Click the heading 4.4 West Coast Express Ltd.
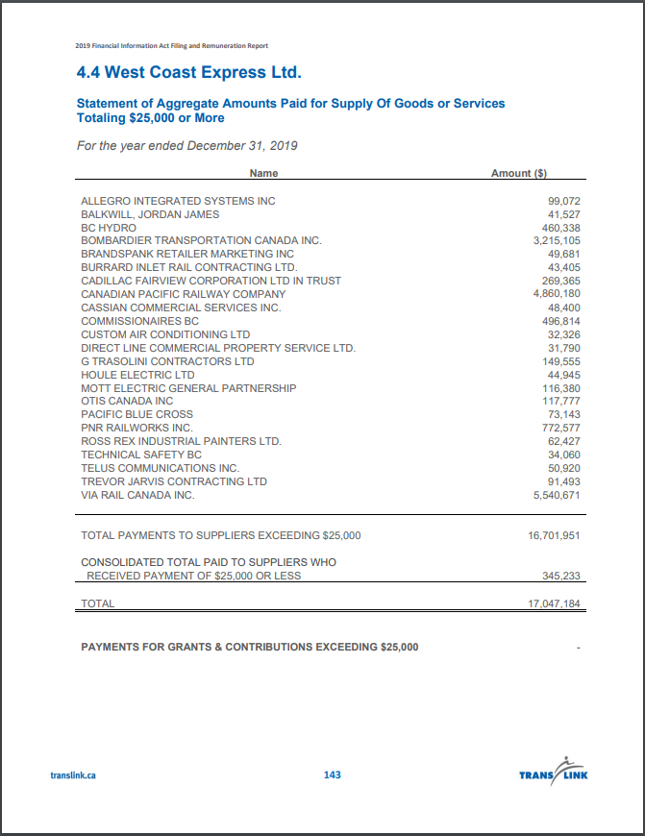[189, 72]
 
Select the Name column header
[263, 173]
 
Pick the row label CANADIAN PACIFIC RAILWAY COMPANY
[183, 294]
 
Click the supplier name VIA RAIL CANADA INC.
[137, 495]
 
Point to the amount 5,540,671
[557, 495]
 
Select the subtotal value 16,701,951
[554, 535]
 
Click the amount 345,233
[561, 576]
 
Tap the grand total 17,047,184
[554, 603]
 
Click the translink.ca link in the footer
[73, 775]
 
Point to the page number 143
[333, 775]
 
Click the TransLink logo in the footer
[553, 772]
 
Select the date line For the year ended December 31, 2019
[186, 146]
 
